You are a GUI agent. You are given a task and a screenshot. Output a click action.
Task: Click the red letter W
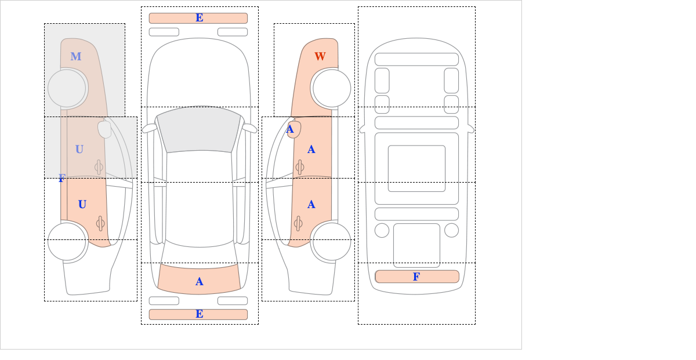tap(320, 57)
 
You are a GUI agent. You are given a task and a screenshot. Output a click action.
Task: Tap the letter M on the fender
tap(76, 57)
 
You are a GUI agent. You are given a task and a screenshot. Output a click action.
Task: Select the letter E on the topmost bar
tap(200, 18)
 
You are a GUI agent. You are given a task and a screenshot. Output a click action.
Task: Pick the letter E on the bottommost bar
tap(200, 314)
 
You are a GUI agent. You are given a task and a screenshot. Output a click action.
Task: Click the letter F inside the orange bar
tap(416, 277)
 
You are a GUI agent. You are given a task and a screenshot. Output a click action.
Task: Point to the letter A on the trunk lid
tap(200, 282)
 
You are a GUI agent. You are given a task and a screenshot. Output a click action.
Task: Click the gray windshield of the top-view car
tap(199, 129)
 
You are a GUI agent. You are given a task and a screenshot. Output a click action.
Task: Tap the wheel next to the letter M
tap(67, 89)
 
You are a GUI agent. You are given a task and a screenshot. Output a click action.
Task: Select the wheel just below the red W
tap(332, 89)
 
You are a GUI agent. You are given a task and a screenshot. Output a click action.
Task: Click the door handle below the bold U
tap(100, 223)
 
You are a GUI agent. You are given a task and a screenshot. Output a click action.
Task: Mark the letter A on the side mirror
tap(290, 129)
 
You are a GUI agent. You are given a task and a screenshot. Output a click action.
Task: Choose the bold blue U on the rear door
tap(82, 205)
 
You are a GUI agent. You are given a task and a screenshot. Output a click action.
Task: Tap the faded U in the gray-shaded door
tap(79, 150)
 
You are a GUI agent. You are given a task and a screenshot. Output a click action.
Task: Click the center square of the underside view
tap(416, 168)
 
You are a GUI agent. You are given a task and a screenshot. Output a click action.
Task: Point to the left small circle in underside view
tap(382, 231)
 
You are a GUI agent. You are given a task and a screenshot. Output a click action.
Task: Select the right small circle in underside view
tap(451, 231)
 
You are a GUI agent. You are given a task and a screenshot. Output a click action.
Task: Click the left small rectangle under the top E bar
tap(164, 32)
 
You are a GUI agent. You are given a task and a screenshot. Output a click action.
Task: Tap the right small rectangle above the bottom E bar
tap(233, 301)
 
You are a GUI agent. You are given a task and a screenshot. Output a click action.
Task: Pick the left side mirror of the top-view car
tap(149, 128)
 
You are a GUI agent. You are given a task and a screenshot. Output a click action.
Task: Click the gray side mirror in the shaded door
tap(105, 129)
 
